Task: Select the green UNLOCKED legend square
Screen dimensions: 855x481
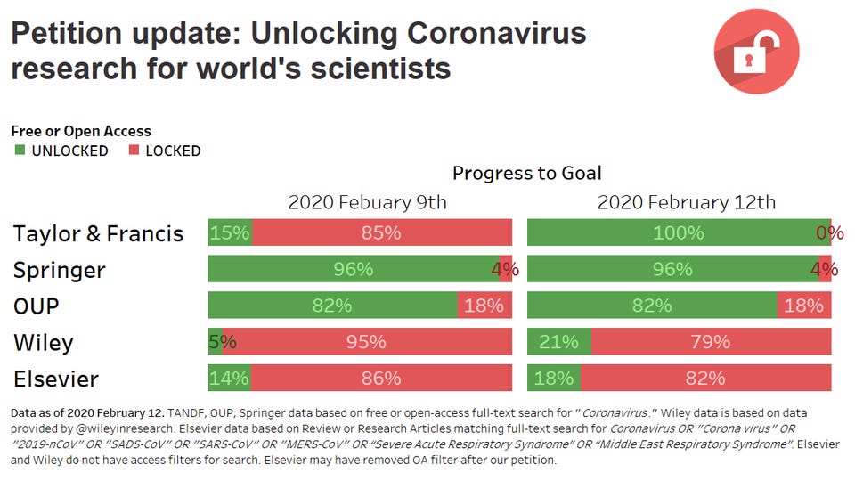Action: pyautogui.click(x=20, y=150)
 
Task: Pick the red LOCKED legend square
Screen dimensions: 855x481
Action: pyautogui.click(x=134, y=150)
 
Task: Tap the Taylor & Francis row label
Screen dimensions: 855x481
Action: pyautogui.click(x=98, y=233)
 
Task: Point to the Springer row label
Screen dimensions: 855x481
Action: pyautogui.click(x=59, y=271)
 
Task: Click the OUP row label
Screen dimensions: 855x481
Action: pyautogui.click(x=36, y=306)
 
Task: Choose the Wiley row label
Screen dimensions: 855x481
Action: pyautogui.click(x=43, y=342)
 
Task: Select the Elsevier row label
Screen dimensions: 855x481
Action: pyautogui.click(x=55, y=379)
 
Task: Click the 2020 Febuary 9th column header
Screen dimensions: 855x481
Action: pyautogui.click(x=367, y=202)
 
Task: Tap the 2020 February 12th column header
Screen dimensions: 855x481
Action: pyautogui.click(x=686, y=202)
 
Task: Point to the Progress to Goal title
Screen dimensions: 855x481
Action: pyautogui.click(x=526, y=173)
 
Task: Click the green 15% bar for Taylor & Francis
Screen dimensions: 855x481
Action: pyautogui.click(x=230, y=232)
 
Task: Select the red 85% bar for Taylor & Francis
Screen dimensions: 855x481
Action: pyautogui.click(x=382, y=232)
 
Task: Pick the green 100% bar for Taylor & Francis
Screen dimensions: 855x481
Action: pyautogui.click(x=679, y=232)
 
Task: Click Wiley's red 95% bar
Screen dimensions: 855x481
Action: pyautogui.click(x=367, y=341)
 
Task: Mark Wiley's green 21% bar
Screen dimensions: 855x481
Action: pyautogui.click(x=559, y=341)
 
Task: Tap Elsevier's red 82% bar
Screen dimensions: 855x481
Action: pyautogui.click(x=706, y=378)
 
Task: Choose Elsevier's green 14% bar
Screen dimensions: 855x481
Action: pyautogui.click(x=230, y=378)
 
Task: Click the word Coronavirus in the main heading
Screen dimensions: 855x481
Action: pyautogui.click(x=497, y=33)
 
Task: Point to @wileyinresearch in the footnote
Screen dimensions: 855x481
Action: pyautogui.click(x=126, y=428)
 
